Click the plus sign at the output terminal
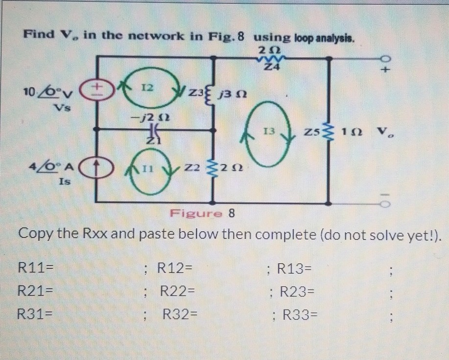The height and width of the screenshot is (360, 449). [386, 72]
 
